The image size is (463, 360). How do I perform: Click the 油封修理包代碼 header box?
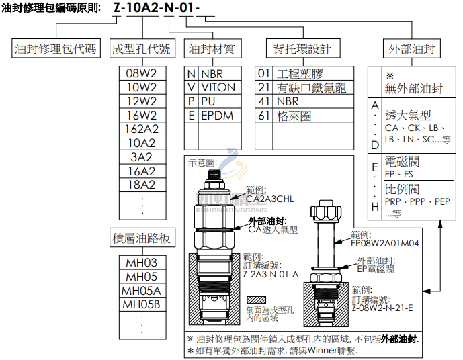click(x=56, y=49)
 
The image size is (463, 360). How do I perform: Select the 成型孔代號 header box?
click(x=142, y=49)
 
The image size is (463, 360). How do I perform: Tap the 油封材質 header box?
click(x=212, y=49)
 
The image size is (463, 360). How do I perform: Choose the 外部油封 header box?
click(x=412, y=49)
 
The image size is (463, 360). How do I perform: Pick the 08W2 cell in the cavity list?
click(x=142, y=73)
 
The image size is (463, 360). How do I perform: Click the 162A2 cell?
click(x=142, y=129)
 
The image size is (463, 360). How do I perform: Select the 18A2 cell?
click(x=142, y=185)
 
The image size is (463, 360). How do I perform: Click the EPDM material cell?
click(x=216, y=116)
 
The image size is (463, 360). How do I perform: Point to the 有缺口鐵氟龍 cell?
click(x=311, y=87)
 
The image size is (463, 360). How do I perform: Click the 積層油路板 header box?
click(x=142, y=238)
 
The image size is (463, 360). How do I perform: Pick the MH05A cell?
click(x=142, y=291)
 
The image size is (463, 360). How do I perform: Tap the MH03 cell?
click(x=142, y=263)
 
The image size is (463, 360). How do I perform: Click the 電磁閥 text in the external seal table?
click(x=403, y=163)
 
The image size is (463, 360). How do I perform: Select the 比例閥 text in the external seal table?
click(x=403, y=189)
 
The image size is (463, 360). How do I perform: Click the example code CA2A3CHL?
click(x=269, y=199)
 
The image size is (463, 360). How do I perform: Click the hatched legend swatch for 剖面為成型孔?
click(x=257, y=300)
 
